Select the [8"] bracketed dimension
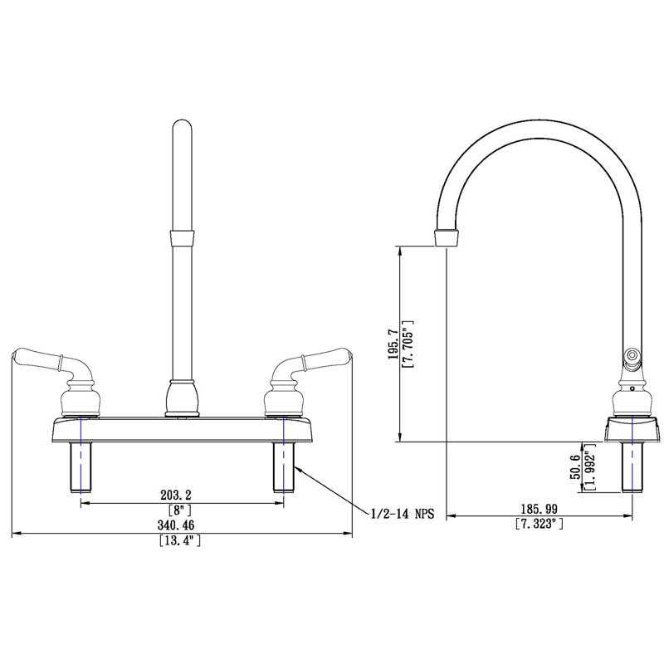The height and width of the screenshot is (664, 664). click(x=182, y=510)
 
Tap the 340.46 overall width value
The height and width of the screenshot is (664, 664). click(x=181, y=525)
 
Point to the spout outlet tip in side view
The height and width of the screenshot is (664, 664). click(x=447, y=237)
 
